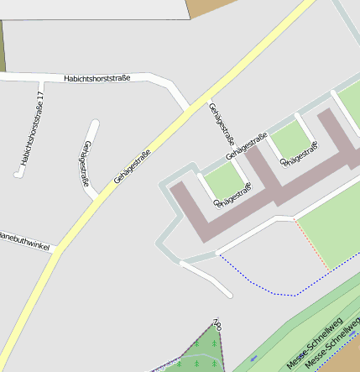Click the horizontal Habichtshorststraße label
pyautogui.click(x=97, y=79)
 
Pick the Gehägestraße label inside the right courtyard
pyautogui.click(x=300, y=154)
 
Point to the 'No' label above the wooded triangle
pyautogui.click(x=217, y=322)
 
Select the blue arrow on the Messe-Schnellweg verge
pyautogui.click(x=253, y=359)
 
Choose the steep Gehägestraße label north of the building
pyautogui.click(x=221, y=124)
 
